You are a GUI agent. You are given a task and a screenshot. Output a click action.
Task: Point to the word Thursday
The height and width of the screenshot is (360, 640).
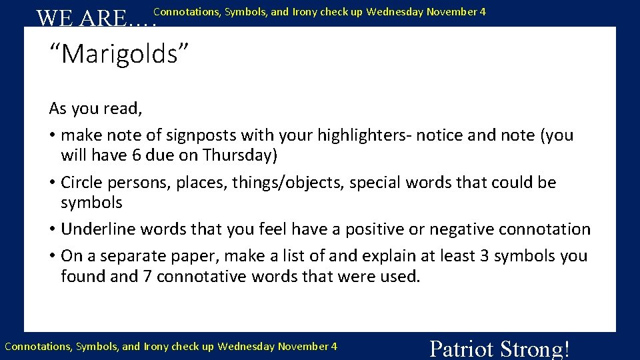pyautogui.click(x=238, y=155)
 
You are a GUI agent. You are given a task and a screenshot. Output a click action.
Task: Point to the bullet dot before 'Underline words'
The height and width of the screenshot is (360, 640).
pyautogui.click(x=52, y=230)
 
